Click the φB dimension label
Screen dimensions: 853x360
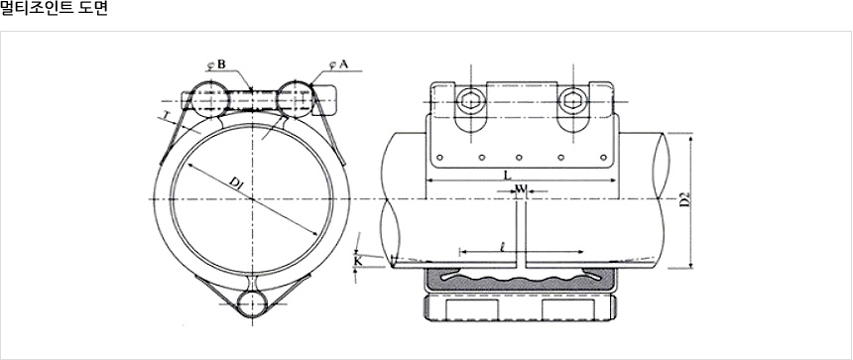[x=216, y=64]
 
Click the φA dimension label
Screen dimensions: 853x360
[x=338, y=64]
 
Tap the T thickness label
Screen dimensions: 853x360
[x=165, y=115]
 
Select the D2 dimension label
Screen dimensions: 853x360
[x=685, y=199]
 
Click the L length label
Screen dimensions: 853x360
[x=508, y=176]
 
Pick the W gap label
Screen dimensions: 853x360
[x=521, y=188]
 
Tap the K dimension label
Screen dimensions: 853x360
[x=357, y=261]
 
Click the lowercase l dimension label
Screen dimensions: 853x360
[x=502, y=247]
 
